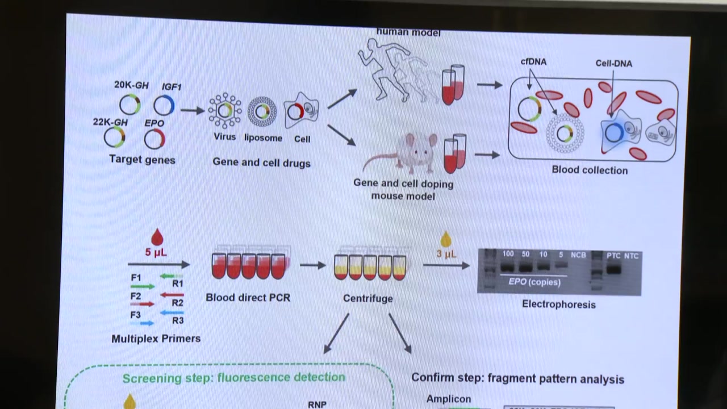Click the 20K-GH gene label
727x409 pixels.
[x=131, y=85]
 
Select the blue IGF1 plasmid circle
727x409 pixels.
[x=164, y=106]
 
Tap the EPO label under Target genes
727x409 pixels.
[x=154, y=123]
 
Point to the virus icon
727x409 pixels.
[x=224, y=110]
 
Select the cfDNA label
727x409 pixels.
[x=533, y=61]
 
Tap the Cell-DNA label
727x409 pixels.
[x=613, y=64]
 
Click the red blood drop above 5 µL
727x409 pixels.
[x=157, y=236]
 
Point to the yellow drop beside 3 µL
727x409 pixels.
[x=446, y=239]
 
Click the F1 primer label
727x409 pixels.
[x=136, y=278]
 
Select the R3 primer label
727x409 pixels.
[x=178, y=320]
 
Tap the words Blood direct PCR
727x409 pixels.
[x=248, y=297]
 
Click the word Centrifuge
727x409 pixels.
[x=367, y=298]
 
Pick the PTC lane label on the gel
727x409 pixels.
[x=613, y=256]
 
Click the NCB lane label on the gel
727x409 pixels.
[x=578, y=255]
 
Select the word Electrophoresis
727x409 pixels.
[x=558, y=304]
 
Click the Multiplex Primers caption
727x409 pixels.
[x=156, y=339]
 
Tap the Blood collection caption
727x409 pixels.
[x=590, y=170]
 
